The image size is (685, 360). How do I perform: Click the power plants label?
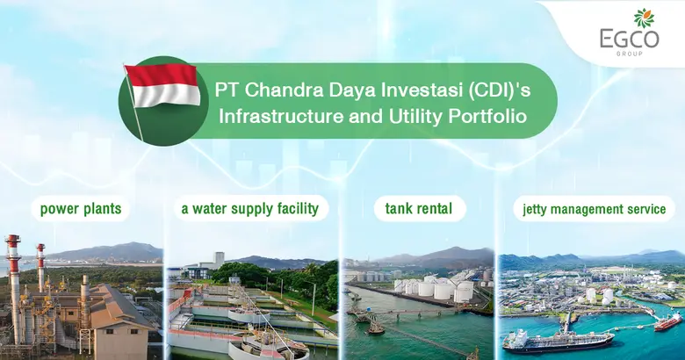[x=80, y=209]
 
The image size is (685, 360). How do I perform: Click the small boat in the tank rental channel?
[x=375, y=326]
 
